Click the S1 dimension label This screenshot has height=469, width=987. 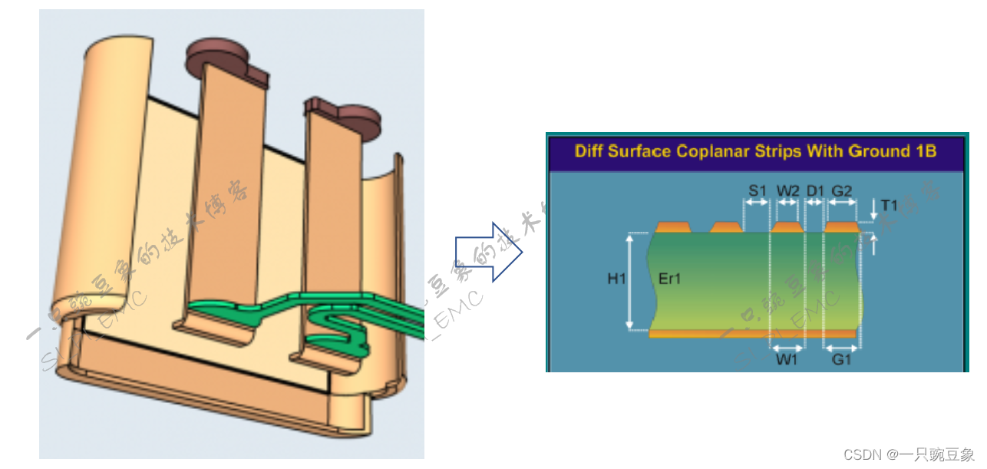point(757,189)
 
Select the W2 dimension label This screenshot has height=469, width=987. point(787,189)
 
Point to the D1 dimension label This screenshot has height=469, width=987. point(815,189)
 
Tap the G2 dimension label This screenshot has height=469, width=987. point(842,189)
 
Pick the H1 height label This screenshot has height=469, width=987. point(616,279)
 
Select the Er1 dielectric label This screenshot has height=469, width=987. point(669,279)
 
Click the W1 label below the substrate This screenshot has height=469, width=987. point(786,358)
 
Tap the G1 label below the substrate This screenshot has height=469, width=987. point(841,358)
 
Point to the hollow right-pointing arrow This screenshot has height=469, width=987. point(489,252)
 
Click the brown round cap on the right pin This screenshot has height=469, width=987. point(358,118)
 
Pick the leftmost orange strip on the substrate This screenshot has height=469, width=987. point(672,227)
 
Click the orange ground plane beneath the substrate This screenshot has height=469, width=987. point(752,334)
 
